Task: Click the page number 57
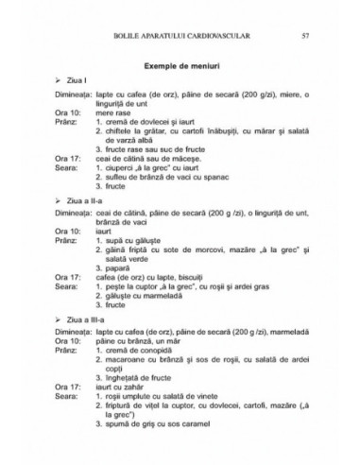pyautogui.click(x=304, y=37)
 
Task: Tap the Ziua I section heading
pyautogui.click(x=71, y=85)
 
